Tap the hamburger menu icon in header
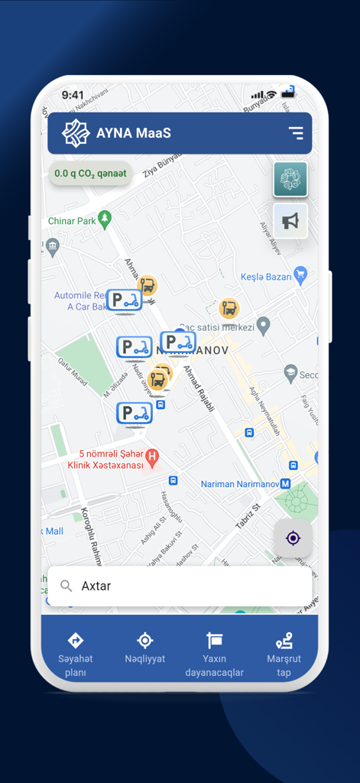pos(296,133)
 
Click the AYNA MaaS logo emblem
pos(76,133)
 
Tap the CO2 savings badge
pos(90,174)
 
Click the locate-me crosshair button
pos(293,538)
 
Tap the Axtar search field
pos(180,586)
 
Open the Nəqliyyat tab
pos(145,648)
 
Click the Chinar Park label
pos(71,221)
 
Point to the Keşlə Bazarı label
pos(266,277)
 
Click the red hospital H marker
pos(152,457)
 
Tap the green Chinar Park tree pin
pos(105,219)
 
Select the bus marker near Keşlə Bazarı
pos(229,309)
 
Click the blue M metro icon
pos(285,484)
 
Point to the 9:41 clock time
pos(73,95)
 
